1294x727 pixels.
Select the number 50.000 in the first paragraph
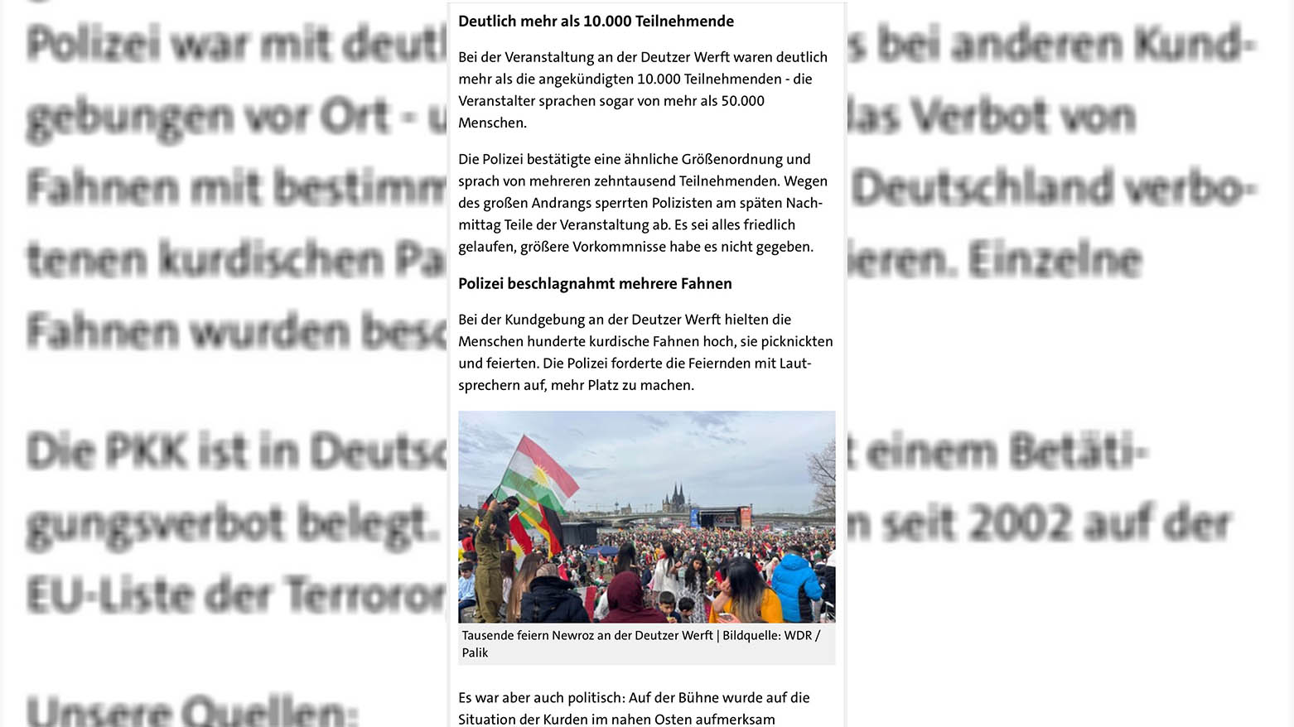pyautogui.click(x=742, y=101)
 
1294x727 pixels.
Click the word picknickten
pyautogui.click(x=791, y=341)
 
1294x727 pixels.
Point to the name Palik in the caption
pyautogui.click(x=475, y=653)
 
